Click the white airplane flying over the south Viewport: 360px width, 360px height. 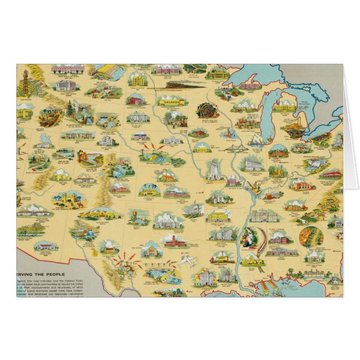click(188, 260)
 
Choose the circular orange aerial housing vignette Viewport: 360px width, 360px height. click(311, 236)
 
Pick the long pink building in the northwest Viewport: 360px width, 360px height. click(68, 70)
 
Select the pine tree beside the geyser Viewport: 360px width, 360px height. click(69, 110)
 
